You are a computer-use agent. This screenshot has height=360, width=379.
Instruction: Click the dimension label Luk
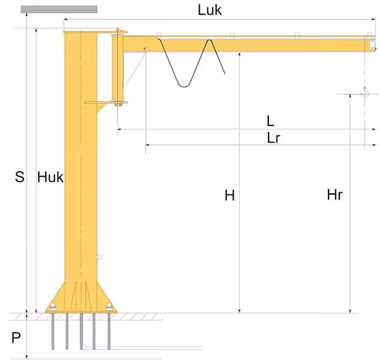(x=209, y=11)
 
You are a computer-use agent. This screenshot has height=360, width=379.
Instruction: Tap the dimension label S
(x=19, y=177)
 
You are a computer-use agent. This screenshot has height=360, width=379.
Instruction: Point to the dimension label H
(x=229, y=196)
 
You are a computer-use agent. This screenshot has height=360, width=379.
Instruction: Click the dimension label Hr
(x=335, y=195)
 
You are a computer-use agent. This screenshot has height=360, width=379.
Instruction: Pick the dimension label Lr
(x=274, y=138)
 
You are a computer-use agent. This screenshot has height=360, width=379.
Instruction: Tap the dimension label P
(x=17, y=338)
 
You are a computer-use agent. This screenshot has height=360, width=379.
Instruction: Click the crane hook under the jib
(x=364, y=93)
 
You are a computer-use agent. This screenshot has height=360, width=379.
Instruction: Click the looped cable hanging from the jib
(x=189, y=63)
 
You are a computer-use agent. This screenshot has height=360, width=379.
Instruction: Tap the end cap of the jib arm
(x=370, y=44)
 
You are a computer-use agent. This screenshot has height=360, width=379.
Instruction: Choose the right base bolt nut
(x=110, y=308)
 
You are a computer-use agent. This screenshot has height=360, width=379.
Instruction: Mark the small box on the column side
(x=99, y=257)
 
